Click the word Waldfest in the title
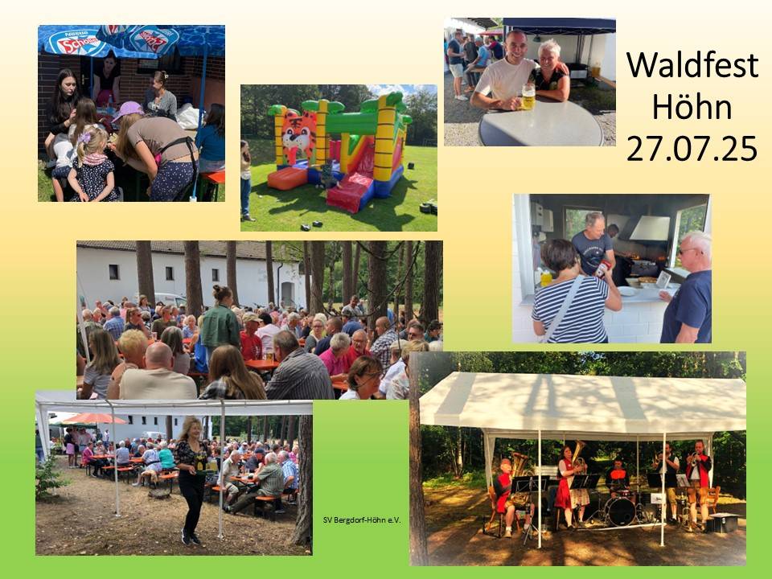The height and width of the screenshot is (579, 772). pos(692,64)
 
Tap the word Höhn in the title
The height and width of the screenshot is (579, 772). pos(692,107)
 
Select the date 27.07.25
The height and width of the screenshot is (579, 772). pos(692,149)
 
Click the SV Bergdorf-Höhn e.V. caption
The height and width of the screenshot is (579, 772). pos(362,520)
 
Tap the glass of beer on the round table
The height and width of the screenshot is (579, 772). pos(528,96)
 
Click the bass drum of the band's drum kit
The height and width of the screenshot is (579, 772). pos(620,512)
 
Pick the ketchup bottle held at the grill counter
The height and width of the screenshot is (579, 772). pos(602,269)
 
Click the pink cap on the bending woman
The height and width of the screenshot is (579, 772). pos(129,110)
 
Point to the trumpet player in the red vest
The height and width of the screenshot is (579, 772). pos(699,482)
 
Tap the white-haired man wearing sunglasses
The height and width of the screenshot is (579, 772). pos(688,288)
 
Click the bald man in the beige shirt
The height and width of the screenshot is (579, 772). pos(157,372)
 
